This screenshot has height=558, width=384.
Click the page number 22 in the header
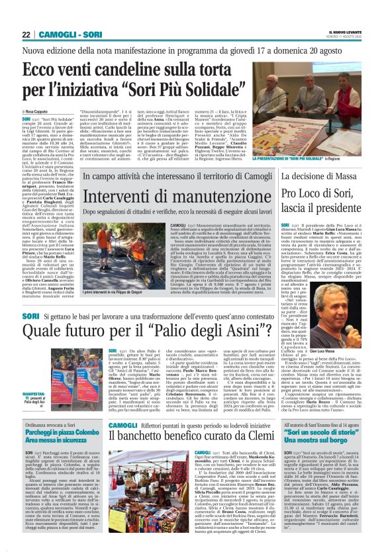pos(27,34)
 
